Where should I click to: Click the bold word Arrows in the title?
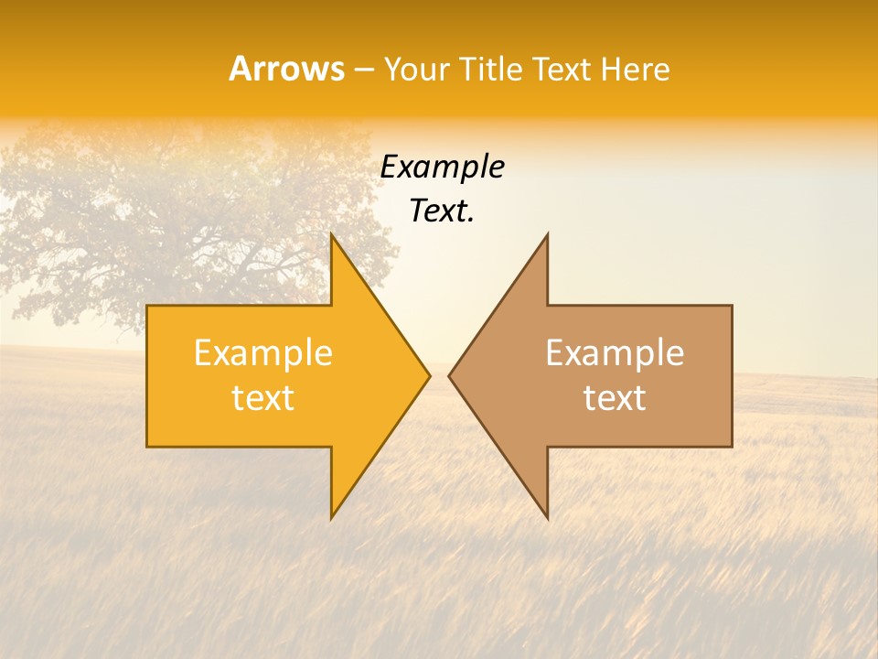286,69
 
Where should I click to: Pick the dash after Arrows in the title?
363,70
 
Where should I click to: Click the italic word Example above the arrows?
442,167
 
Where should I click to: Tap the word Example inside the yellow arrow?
263,353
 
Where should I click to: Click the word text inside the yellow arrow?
263,398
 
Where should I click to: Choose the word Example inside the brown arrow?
615,353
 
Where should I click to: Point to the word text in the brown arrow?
615,398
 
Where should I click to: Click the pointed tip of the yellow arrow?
429,375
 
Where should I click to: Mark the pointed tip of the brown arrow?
449,375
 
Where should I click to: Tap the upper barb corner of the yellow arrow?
331,234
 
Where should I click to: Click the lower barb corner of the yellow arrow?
331,517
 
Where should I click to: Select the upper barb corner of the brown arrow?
547,234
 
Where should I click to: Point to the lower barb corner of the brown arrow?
547,517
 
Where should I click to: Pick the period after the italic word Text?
471,220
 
